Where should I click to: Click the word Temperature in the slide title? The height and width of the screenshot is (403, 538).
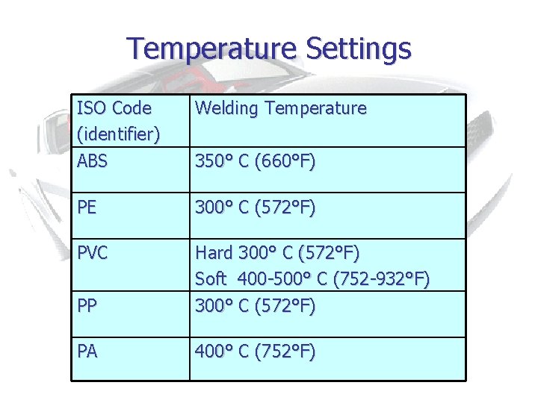pyautogui.click(x=212, y=49)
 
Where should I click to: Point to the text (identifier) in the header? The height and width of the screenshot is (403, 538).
pyautogui.click(x=118, y=134)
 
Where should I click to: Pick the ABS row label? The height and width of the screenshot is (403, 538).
pyautogui.click(x=93, y=160)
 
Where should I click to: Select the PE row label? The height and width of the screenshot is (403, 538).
pyautogui.click(x=87, y=207)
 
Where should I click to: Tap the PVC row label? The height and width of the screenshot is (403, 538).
pyautogui.click(x=93, y=254)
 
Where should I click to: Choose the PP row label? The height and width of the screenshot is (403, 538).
pyautogui.click(x=87, y=306)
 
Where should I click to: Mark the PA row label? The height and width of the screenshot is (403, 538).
pyautogui.click(x=87, y=352)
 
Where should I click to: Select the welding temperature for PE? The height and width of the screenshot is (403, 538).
pyautogui.click(x=255, y=207)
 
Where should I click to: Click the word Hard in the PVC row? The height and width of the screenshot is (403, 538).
pyautogui.click(x=214, y=254)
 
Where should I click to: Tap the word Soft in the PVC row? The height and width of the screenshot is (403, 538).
pyautogui.click(x=211, y=280)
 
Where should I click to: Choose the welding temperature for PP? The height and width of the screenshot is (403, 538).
pyautogui.click(x=255, y=306)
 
